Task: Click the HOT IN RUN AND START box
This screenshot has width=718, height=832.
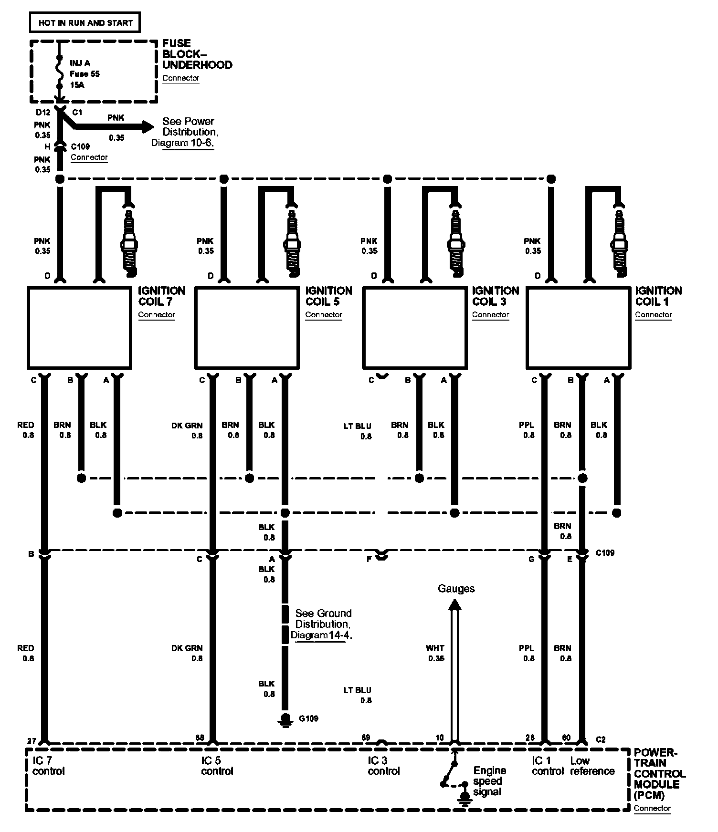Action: [x=85, y=22]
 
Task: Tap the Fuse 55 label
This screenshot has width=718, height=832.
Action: [x=84, y=74]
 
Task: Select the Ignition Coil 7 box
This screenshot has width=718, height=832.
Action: [x=79, y=328]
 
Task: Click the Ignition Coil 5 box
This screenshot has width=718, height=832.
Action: [x=247, y=328]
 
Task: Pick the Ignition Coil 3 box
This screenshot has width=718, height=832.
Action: [x=414, y=328]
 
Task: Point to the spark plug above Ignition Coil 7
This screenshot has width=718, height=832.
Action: [x=128, y=241]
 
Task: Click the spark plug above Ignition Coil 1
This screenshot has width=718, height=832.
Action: [x=619, y=241]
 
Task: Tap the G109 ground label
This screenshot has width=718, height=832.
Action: [x=308, y=718]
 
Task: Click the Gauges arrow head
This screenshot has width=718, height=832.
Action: [x=455, y=605]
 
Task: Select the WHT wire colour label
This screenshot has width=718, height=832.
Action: [x=435, y=648]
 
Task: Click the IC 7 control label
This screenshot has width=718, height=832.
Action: [x=48, y=766]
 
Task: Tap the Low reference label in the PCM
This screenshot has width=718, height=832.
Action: [x=592, y=766]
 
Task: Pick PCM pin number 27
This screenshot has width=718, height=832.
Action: [x=32, y=741]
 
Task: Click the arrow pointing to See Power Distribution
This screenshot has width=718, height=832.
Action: [x=147, y=127]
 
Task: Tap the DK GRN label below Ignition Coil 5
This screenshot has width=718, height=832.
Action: [x=187, y=426]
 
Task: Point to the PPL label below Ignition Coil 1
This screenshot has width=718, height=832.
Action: [x=527, y=425]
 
